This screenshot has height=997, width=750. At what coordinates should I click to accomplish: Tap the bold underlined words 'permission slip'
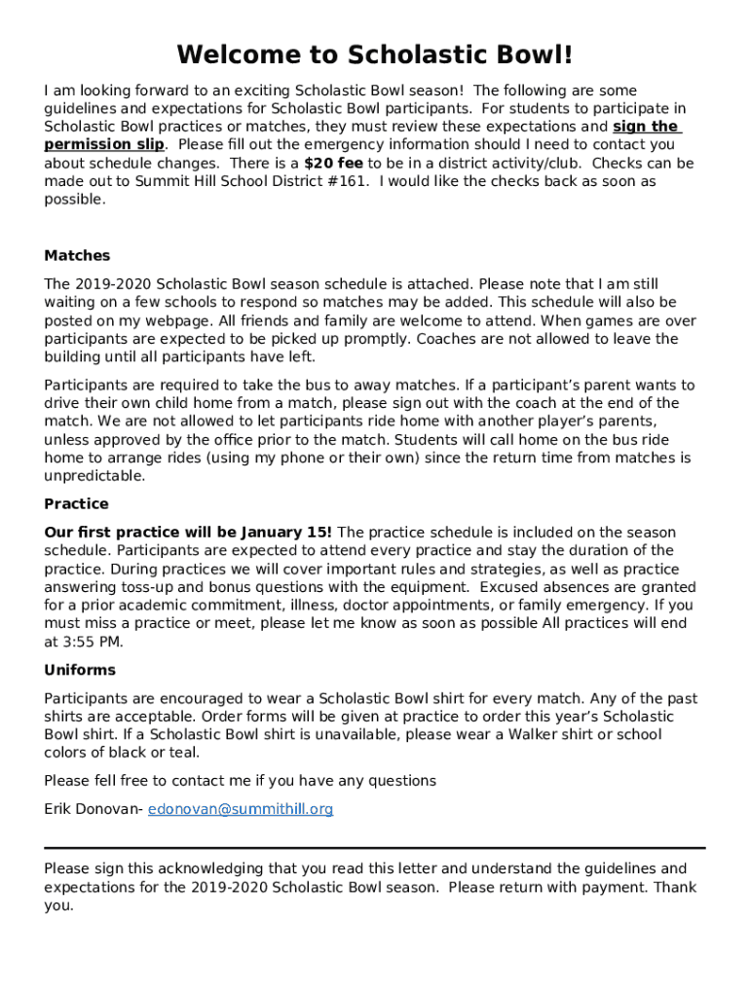click(x=103, y=145)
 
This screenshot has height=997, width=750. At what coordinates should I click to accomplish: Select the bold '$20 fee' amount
click(x=333, y=164)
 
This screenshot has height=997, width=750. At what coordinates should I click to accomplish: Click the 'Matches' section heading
click(x=77, y=256)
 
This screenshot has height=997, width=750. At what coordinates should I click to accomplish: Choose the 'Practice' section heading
click(x=76, y=504)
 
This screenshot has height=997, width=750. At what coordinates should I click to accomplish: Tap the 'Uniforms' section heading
click(x=80, y=670)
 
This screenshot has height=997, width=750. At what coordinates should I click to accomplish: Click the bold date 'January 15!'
click(x=284, y=533)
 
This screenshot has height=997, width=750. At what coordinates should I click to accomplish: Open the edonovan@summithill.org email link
click(x=241, y=809)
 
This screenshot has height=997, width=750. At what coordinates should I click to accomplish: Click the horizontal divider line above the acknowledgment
click(x=374, y=848)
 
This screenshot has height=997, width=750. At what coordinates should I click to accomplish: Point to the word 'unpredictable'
click(x=94, y=476)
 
